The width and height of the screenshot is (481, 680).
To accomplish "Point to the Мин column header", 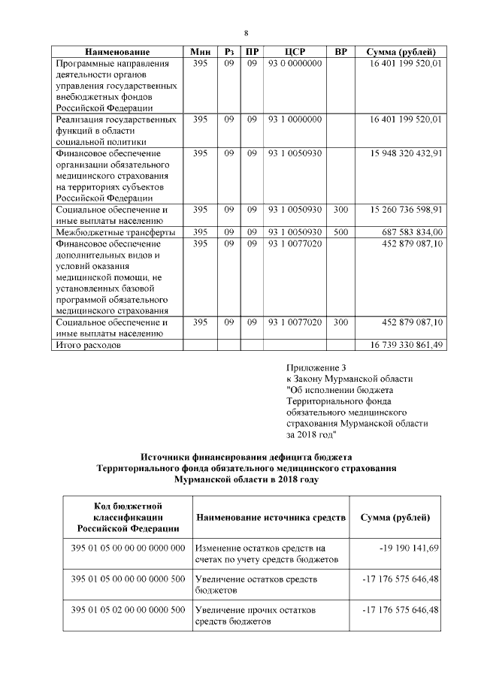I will [x=201, y=52].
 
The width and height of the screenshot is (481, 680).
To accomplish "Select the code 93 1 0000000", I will [x=295, y=119].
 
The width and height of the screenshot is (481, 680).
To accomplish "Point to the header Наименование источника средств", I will [x=270, y=518].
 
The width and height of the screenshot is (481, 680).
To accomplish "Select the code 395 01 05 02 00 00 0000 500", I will [x=128, y=609].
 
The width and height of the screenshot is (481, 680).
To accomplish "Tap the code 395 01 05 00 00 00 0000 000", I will [x=128, y=549].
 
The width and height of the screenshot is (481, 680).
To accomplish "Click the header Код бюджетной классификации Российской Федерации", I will [x=128, y=518].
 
